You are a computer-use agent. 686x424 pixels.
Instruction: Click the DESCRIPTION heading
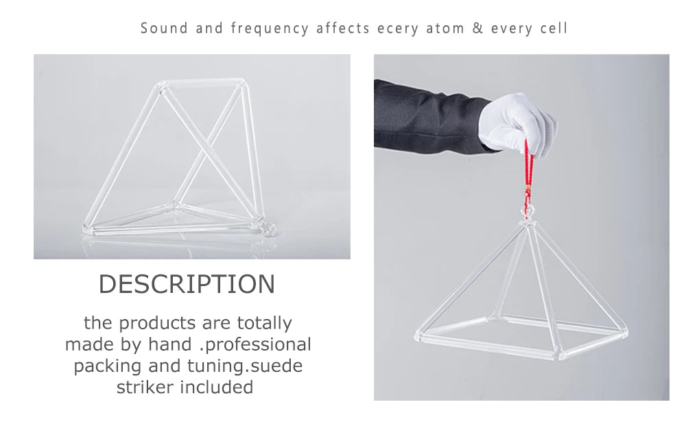(187, 284)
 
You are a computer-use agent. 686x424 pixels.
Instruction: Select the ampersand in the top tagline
(477, 28)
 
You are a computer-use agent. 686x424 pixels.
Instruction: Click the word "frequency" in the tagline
(270, 29)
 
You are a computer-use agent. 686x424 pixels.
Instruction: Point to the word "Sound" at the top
(164, 28)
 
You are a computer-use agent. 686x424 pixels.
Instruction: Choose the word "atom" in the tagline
(445, 28)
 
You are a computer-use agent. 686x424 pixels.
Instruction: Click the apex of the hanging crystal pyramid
(528, 222)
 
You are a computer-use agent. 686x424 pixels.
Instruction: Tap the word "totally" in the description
(264, 323)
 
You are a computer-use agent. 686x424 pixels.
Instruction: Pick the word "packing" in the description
(108, 366)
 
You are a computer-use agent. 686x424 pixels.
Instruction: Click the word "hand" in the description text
(170, 344)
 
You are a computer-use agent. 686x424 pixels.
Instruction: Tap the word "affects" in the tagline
(343, 28)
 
